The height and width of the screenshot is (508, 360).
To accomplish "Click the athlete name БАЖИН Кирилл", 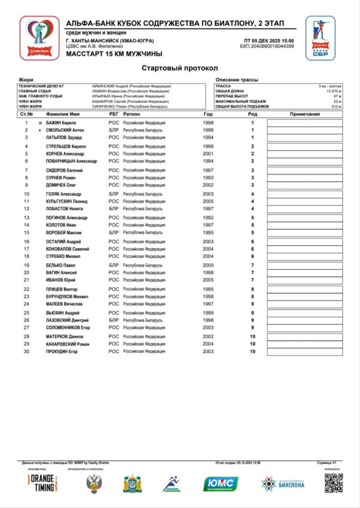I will point(61,123).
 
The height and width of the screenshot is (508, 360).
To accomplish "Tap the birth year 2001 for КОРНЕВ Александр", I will point(208,154).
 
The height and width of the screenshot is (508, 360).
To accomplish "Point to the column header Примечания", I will point(304,114).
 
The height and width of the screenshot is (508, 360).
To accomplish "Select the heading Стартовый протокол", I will point(179,67).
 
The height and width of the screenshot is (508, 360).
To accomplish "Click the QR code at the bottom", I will point(334,483).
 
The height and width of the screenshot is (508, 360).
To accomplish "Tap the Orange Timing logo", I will point(42,483).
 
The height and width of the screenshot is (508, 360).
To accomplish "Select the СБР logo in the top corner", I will point(320,38).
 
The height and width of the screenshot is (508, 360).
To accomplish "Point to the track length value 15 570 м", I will point(334,91).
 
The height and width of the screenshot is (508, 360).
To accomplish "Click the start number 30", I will point(26,352).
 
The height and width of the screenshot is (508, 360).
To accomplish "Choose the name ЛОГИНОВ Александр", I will point(67,218).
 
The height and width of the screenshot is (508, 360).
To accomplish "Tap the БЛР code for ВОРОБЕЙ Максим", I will point(114,233).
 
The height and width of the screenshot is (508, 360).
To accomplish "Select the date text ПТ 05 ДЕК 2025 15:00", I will point(269,41).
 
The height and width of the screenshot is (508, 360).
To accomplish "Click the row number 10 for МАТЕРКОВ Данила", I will point(252,337).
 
